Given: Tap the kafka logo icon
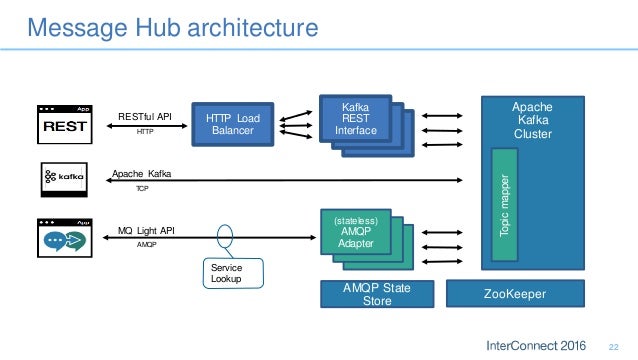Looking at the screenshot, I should (66, 180).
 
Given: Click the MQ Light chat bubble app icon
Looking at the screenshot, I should (66, 238).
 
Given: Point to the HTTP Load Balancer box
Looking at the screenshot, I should (232, 126).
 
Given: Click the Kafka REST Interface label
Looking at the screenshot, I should (356, 117).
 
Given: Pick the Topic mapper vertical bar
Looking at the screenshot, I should (505, 205).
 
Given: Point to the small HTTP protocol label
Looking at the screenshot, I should (145, 131).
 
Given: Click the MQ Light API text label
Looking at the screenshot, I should (146, 230).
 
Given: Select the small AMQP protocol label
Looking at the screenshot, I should (146, 245).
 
